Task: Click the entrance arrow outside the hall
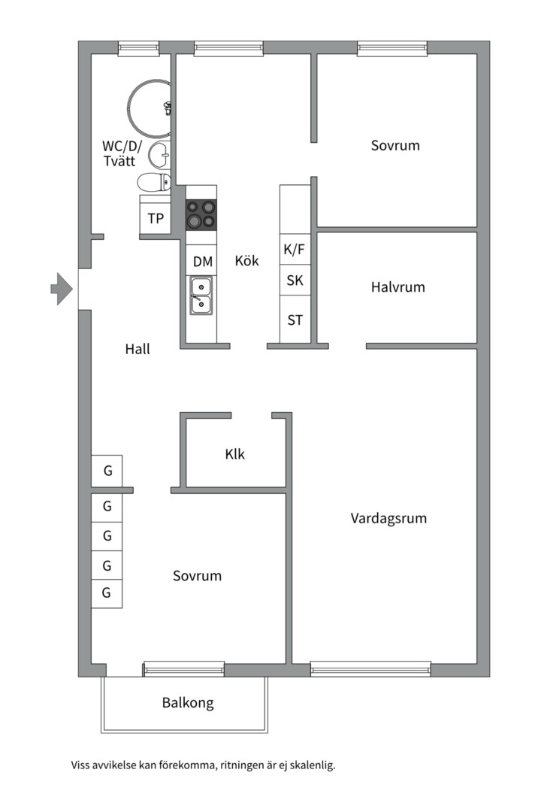coord(62,289)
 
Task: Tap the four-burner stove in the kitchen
coord(201,214)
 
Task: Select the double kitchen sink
coord(201,295)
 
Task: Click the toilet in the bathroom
coord(154,182)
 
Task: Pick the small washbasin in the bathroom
coord(159,154)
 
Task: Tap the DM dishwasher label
coord(203,262)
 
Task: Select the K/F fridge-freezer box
coord(295,250)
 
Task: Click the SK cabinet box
coord(295,280)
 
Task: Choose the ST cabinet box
coord(295,319)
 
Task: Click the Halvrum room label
coord(397,287)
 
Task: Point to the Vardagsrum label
coord(388,518)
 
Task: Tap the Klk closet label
coord(235,454)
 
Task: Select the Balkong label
coord(188,703)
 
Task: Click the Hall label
coord(138,349)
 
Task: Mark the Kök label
coord(247,260)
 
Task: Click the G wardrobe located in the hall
coord(107,471)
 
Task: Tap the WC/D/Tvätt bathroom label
coord(122,153)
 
